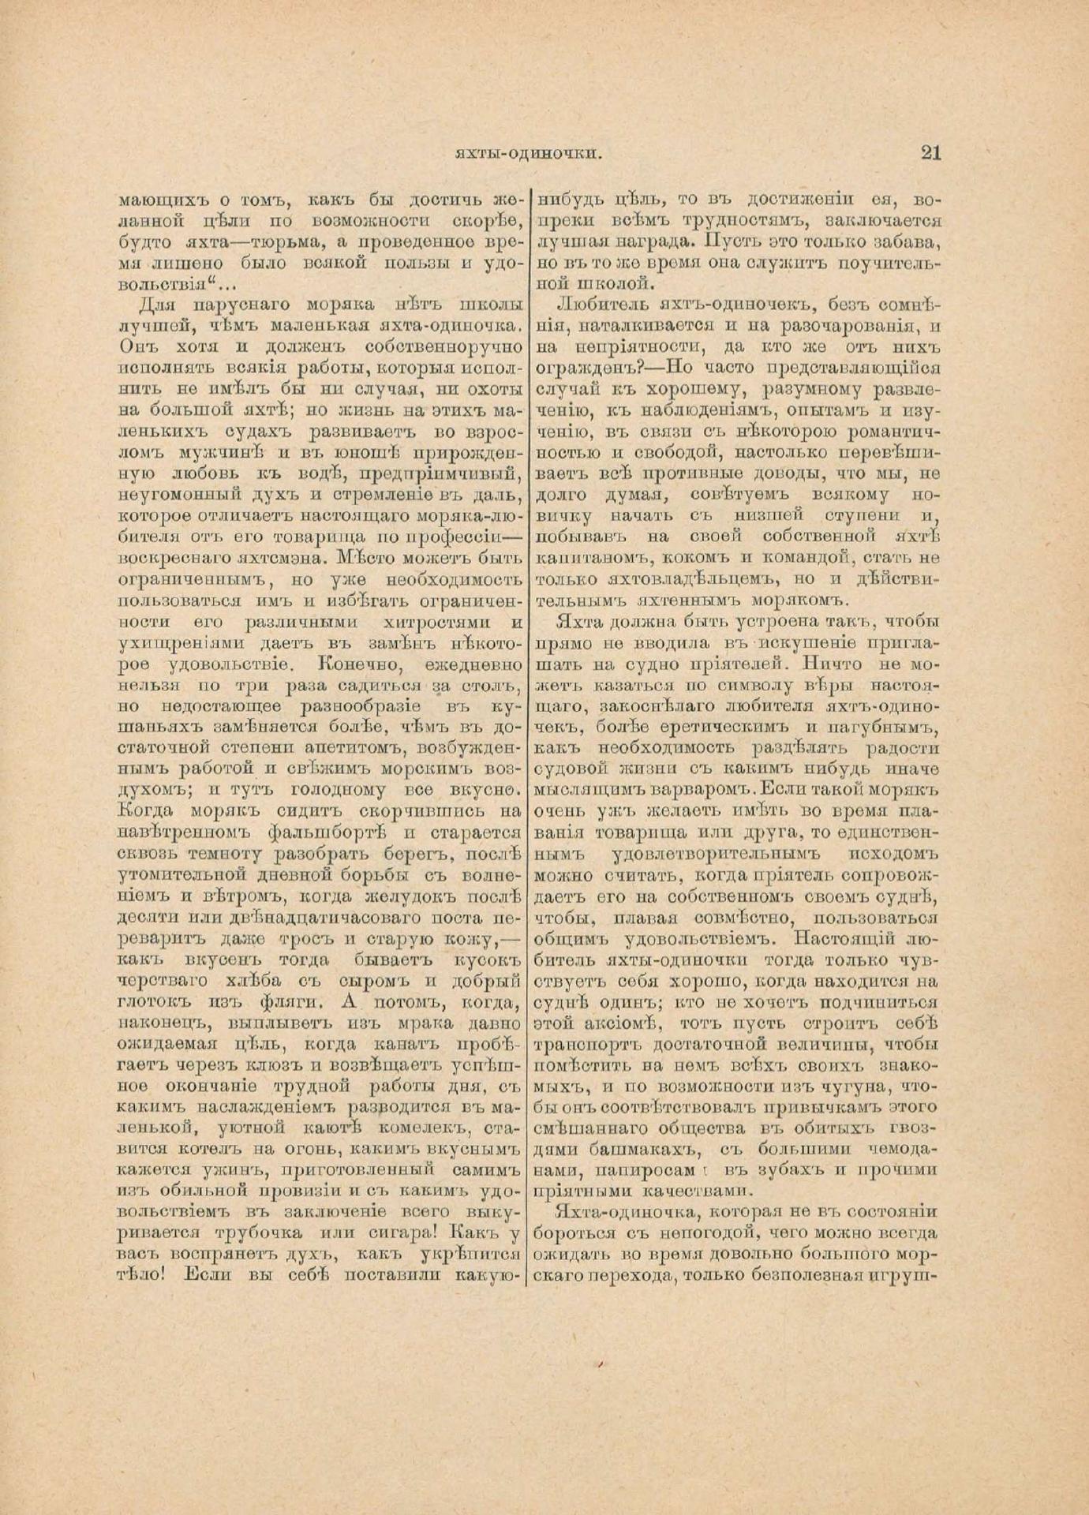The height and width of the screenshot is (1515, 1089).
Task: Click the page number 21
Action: [x=930, y=153]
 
